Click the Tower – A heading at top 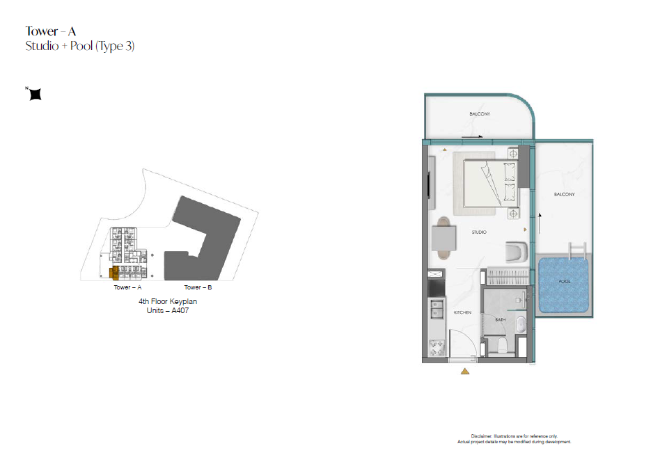tap(50, 31)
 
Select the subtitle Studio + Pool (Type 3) tap(80, 46)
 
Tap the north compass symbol tap(36, 95)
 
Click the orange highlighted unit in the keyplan tap(113, 273)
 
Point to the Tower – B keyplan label tap(198, 287)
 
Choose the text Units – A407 tap(167, 310)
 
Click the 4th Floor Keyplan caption tap(168, 301)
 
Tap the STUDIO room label tap(479, 232)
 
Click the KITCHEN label tap(463, 312)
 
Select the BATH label tap(500, 319)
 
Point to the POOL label tap(565, 281)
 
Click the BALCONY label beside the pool tap(565, 194)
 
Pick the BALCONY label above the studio tap(480, 113)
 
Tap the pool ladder tap(577, 250)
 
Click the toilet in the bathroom tap(503, 344)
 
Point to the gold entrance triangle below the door tap(465, 372)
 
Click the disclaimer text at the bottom tap(514, 439)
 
